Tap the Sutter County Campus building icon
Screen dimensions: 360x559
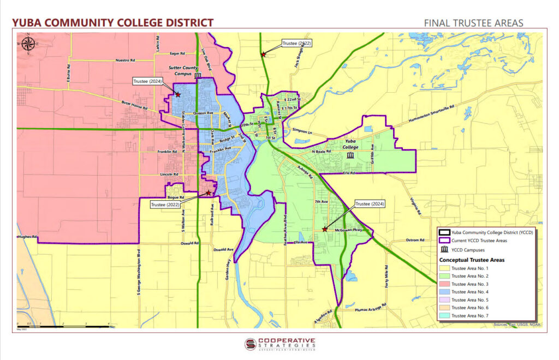pyautogui.click(x=198, y=75)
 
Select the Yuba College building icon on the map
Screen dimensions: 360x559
pyautogui.click(x=349, y=155)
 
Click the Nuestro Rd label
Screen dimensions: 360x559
pyautogui.click(x=125, y=61)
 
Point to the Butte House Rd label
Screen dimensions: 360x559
pyautogui.click(x=134, y=105)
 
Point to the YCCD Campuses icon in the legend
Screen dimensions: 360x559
pyautogui.click(x=445, y=249)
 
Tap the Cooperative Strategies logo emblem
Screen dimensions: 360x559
pyautogui.click(x=251, y=344)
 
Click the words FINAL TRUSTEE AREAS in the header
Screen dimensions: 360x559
pyautogui.click(x=473, y=23)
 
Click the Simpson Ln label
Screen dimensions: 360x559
pyautogui.click(x=302, y=131)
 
